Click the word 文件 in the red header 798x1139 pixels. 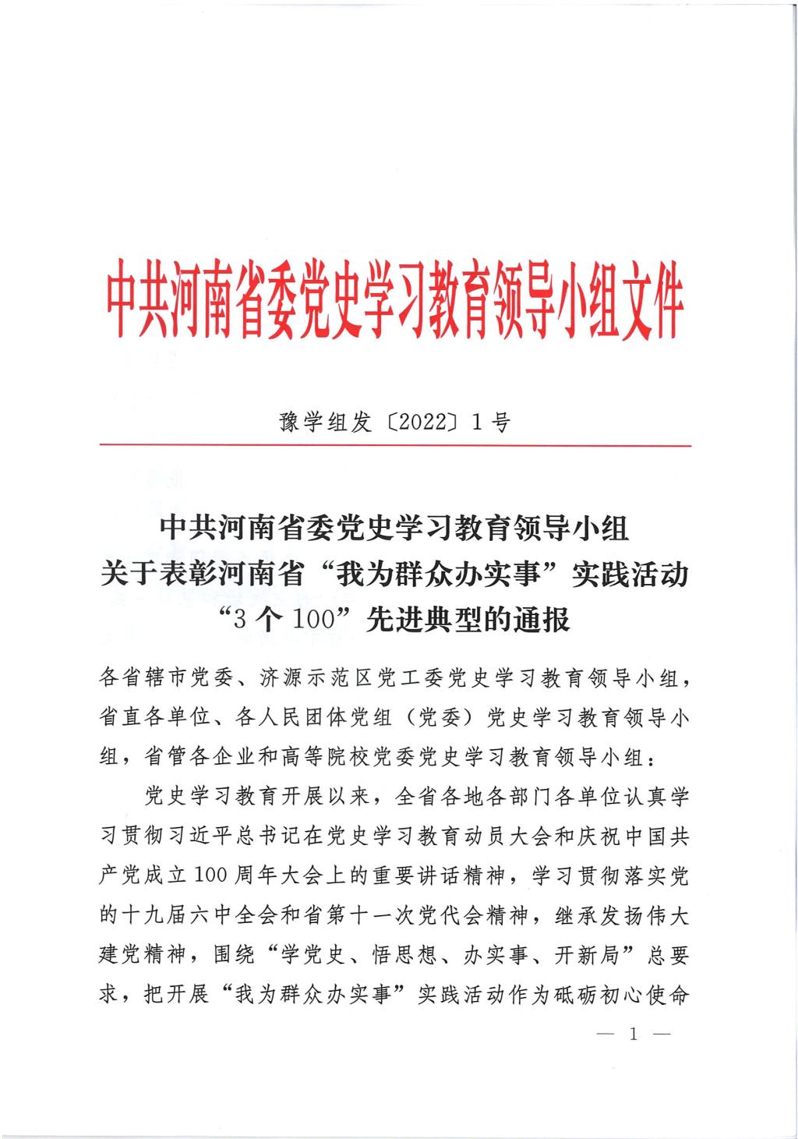[651, 306]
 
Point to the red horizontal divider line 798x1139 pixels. [395, 445]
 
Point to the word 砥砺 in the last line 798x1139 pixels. [577, 996]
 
